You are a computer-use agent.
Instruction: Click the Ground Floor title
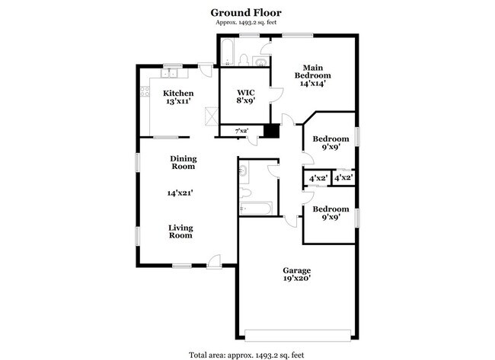pyautogui.click(x=247, y=12)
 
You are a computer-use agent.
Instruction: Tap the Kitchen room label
pyautogui.click(x=178, y=93)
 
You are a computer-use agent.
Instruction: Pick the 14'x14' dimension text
pyautogui.click(x=313, y=84)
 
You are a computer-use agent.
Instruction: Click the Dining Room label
pyautogui.click(x=183, y=162)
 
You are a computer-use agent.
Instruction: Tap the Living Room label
pyautogui.click(x=180, y=231)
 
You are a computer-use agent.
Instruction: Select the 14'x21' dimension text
pyautogui.click(x=180, y=193)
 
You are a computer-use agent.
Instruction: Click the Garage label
pyautogui.click(x=297, y=270)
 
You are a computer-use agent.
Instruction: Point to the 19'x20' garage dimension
pyautogui.click(x=297, y=279)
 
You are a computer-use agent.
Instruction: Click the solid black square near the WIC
pyautogui.click(x=272, y=131)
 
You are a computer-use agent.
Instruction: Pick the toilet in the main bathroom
pyautogui.click(x=244, y=59)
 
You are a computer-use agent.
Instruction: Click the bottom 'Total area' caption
pyautogui.click(x=247, y=354)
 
